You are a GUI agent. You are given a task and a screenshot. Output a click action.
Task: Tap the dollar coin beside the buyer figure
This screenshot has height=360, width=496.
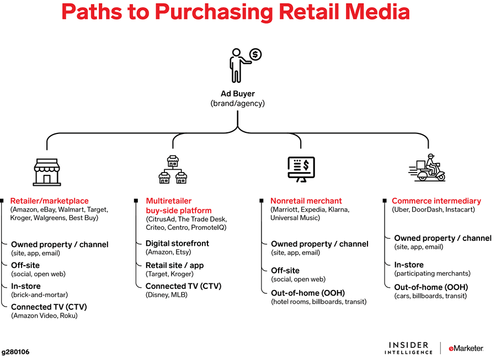(x=255, y=54)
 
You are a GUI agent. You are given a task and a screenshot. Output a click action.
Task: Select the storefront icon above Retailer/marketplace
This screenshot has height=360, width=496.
(x=47, y=171)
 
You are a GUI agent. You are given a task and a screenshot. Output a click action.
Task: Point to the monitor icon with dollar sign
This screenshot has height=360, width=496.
(x=301, y=169)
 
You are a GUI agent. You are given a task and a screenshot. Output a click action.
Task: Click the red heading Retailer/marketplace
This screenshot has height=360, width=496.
(x=49, y=201)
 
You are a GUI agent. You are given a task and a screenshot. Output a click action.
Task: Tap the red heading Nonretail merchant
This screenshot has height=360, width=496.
(x=306, y=201)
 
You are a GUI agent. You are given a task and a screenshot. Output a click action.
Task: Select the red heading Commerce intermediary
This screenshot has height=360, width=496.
(x=436, y=201)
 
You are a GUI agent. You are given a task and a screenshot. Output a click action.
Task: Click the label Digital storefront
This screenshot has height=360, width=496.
(x=177, y=243)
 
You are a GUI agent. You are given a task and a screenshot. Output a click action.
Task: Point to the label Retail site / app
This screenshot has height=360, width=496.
(x=174, y=265)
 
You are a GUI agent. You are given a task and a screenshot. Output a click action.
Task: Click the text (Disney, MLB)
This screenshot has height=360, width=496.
(x=167, y=295)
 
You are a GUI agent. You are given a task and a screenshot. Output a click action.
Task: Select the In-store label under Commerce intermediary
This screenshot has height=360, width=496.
(x=409, y=265)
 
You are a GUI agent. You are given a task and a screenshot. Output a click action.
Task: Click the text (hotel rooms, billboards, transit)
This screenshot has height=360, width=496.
(x=318, y=302)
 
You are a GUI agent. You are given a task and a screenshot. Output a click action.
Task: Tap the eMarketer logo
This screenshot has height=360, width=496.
(x=466, y=348)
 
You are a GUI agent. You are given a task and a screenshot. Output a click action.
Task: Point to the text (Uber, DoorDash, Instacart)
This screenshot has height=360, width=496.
(x=433, y=209)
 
